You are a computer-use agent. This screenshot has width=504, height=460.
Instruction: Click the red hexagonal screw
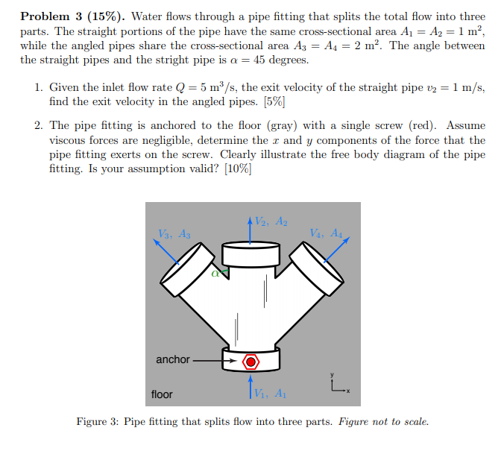(x=251, y=362)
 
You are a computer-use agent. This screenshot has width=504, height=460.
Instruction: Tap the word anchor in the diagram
(x=172, y=359)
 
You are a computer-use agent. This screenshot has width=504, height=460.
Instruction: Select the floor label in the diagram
(x=162, y=394)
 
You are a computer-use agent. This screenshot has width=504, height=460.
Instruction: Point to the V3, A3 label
(x=174, y=233)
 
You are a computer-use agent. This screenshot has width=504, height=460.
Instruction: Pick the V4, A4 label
(x=327, y=233)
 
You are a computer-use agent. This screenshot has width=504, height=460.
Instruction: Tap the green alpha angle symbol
(x=216, y=273)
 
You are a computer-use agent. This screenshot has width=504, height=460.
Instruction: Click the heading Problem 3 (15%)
(x=66, y=16)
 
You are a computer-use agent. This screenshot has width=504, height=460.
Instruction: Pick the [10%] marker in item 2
(x=236, y=168)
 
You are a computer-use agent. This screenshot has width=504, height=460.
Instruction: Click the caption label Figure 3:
(x=98, y=422)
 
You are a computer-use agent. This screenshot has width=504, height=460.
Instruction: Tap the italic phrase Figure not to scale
(x=383, y=422)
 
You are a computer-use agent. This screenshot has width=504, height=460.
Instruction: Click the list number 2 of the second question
(x=38, y=126)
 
